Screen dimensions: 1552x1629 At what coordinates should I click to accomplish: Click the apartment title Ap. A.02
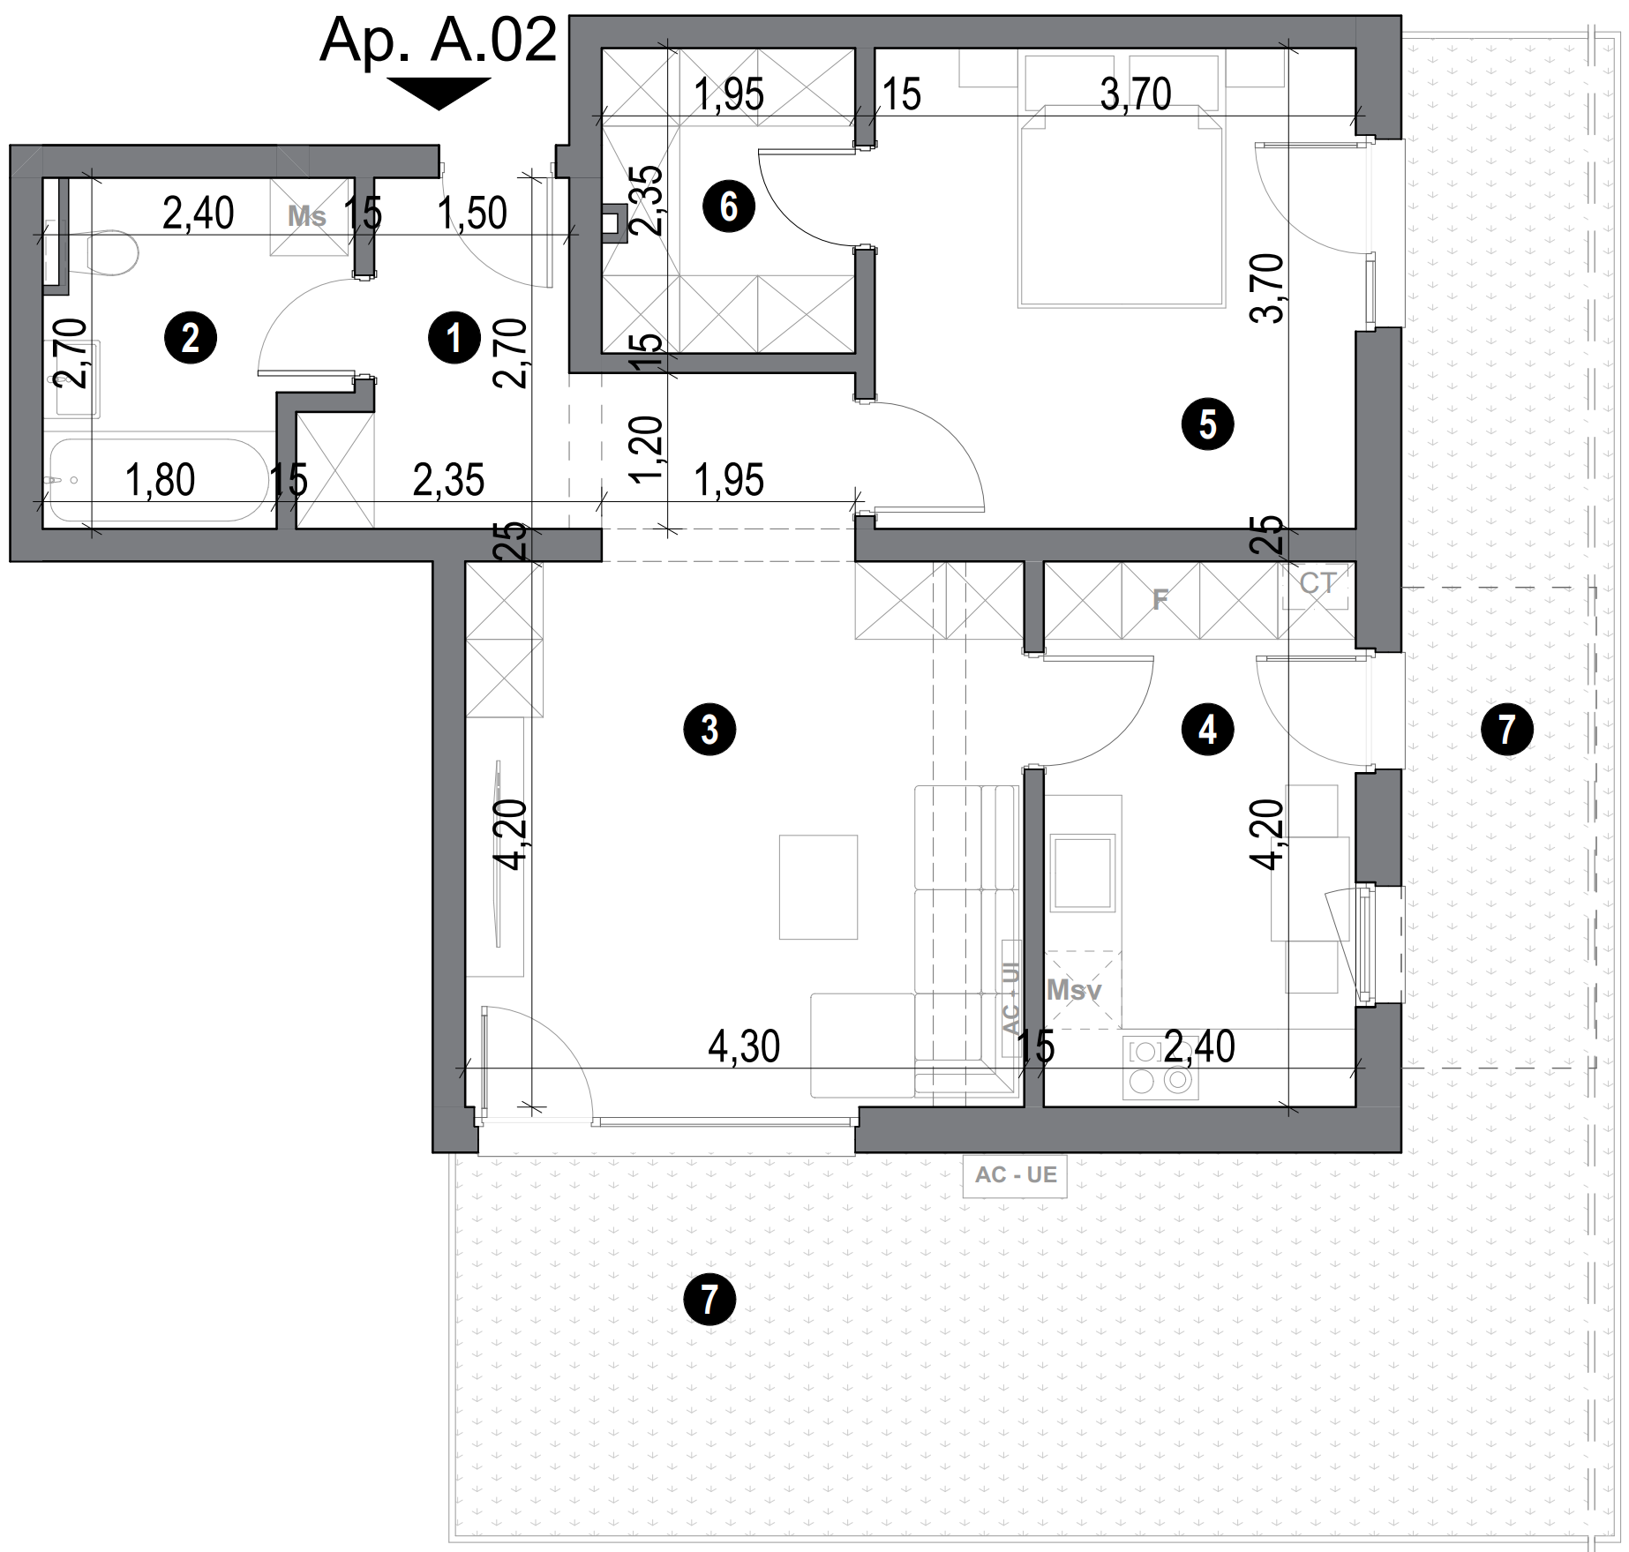439,40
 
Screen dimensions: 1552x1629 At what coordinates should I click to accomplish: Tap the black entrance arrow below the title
439,92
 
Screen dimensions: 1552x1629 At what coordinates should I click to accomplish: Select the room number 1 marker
454,338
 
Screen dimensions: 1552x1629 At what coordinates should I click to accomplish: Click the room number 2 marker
191,338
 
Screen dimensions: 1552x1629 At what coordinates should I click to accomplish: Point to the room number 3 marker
709,730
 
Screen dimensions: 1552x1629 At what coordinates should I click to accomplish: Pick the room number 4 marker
1207,730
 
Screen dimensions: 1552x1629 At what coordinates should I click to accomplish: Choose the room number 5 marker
1207,424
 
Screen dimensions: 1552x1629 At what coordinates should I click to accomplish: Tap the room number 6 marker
729,207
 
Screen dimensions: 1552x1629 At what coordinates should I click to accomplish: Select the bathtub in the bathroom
159,481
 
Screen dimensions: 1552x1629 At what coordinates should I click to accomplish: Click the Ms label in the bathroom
307,217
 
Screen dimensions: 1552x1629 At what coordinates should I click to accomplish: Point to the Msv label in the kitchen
1074,990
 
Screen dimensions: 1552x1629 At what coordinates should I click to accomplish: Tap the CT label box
1317,584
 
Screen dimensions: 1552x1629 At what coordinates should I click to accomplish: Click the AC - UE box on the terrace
1015,1175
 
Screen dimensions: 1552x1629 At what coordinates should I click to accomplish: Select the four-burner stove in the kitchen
1160,1068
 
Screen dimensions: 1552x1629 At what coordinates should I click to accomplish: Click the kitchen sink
1082,873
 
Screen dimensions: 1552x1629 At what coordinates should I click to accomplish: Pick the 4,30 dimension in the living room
744,1047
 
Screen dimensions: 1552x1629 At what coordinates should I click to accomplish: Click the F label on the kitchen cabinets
1160,601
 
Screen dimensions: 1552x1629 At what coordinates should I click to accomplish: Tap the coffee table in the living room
818,887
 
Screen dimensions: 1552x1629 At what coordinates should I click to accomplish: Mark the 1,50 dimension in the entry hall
472,214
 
